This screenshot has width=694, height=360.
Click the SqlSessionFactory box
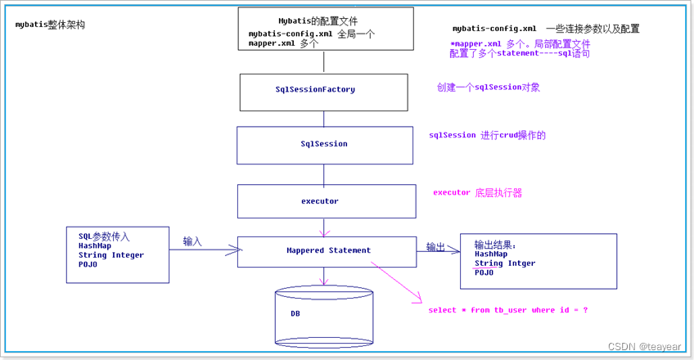tap(323, 91)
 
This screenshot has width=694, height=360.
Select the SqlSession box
tap(323, 144)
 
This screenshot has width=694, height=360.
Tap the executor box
tap(323, 200)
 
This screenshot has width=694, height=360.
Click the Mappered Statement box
tap(327, 250)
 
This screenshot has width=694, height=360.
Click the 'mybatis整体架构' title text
tap(50, 25)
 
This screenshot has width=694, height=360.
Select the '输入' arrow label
tap(192, 241)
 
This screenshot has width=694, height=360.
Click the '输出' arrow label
tap(435, 246)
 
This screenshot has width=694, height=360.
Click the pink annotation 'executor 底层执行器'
tap(477, 193)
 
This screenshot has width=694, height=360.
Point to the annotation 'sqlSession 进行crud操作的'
tap(487, 135)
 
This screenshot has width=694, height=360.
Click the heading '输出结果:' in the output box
tap(496, 245)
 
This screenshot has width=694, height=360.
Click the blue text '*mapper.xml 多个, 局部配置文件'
tap(520, 43)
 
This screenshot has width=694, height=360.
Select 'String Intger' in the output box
tap(505, 263)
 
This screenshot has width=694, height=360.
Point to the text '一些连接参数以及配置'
tap(593, 29)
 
